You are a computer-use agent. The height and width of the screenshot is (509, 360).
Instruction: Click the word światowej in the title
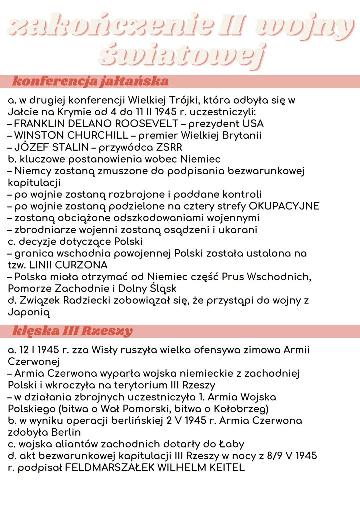182,55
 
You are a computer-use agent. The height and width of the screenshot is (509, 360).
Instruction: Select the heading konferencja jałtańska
90,81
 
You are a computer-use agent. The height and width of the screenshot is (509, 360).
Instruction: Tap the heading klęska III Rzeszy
72,331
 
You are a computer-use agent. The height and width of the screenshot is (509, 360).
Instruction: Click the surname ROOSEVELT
147,124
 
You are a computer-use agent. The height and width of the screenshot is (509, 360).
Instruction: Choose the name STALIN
71,147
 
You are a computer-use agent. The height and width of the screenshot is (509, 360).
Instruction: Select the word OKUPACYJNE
284,206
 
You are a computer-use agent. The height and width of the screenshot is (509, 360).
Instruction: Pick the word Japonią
29,312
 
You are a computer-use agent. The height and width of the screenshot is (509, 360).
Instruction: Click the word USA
253,124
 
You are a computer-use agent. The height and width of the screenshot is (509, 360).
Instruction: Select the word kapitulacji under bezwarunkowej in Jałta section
34,183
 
